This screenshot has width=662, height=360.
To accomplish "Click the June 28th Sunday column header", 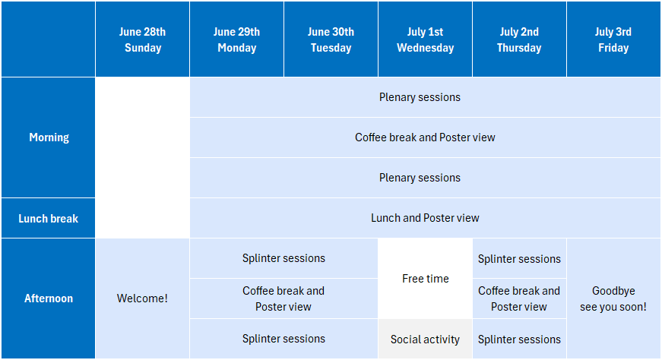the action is coord(142,39).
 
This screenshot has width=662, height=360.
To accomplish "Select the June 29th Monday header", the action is coord(236,39).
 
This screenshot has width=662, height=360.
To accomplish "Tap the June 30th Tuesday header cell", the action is coord(331,39).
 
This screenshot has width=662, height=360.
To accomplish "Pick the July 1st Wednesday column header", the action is coord(425,39).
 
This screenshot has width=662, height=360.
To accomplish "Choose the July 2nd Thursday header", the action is coord(519,39).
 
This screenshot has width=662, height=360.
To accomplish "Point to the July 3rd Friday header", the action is coord(613,39).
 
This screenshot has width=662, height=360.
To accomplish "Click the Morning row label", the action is coord(48,137).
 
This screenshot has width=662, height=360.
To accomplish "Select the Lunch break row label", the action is coord(48,218).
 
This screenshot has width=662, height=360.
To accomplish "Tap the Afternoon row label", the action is coord(48,298).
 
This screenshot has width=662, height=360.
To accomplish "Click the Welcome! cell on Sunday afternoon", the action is coord(142,298).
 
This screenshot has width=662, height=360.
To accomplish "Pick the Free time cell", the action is coord(425,279).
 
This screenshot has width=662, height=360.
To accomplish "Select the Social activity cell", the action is coord(425,339).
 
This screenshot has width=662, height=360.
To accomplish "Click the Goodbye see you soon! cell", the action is coord(613,298).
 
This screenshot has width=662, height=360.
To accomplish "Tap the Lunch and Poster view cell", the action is coord(425,218).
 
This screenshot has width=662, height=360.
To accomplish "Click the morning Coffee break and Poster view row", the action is coord(425,137).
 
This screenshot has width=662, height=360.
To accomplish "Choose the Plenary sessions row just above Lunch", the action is coord(425,178).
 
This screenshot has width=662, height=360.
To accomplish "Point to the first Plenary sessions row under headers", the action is coord(425,97).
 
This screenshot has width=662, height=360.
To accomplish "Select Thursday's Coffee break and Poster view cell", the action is coord(519,298).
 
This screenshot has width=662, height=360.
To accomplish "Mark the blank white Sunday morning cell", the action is coord(142,157).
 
